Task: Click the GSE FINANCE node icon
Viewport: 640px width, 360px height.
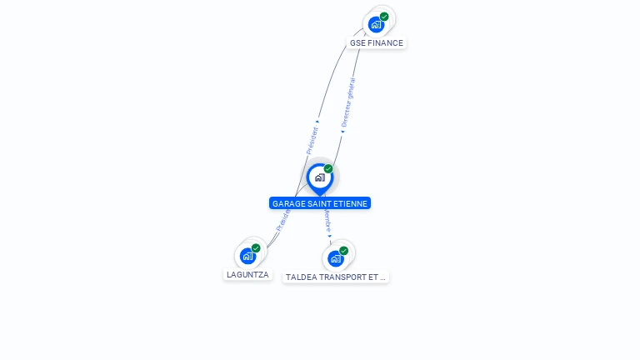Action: point(377,24)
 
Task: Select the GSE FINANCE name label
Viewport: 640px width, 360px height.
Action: point(376,42)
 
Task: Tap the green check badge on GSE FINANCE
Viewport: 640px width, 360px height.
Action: point(384,17)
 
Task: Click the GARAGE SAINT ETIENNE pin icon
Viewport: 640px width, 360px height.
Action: point(319,177)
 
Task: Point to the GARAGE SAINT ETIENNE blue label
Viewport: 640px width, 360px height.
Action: point(320,203)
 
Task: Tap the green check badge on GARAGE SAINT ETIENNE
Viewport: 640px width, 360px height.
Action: point(328,169)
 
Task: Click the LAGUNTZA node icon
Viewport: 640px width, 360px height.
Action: point(248,256)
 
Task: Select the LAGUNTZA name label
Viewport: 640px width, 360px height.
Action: point(248,274)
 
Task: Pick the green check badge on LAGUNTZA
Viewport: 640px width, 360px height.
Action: point(256,248)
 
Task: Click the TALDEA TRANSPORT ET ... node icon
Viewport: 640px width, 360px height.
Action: point(336,258)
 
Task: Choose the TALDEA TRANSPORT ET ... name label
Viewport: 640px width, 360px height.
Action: point(336,277)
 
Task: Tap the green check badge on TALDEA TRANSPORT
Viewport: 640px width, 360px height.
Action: point(343,251)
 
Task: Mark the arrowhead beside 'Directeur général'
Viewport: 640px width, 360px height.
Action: point(342,131)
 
